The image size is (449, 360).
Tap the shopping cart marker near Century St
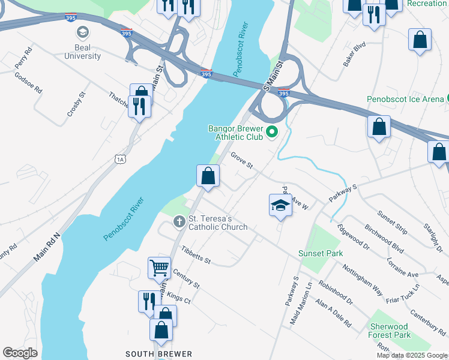pyautogui.click(x=159, y=267)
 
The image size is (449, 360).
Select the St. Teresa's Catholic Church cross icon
pyautogui.click(x=179, y=222)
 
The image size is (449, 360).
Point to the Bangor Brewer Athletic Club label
pyautogui.click(x=235, y=133)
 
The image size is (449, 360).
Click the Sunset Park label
pyautogui.click(x=321, y=253)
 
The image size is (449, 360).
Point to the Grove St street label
pyautogui.click(x=242, y=161)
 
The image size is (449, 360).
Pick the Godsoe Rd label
pyautogui.click(x=28, y=83)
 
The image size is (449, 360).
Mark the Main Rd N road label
pyautogui.click(x=47, y=247)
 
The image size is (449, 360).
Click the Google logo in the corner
pyautogui.click(x=20, y=353)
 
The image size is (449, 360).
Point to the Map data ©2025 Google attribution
pyautogui.click(x=411, y=355)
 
